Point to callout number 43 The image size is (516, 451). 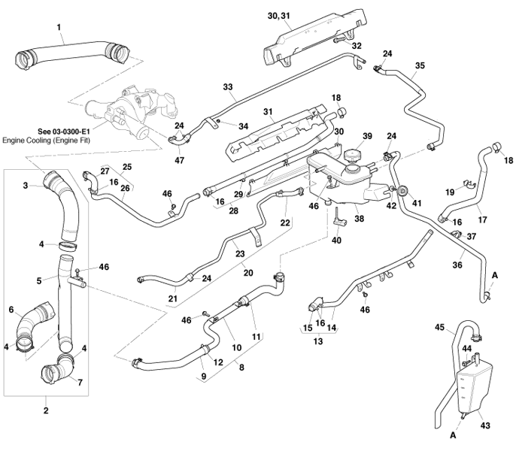[x=485, y=425]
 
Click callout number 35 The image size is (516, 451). [x=420, y=65]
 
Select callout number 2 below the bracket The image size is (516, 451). [x=46, y=410]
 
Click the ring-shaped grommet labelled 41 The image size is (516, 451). [x=402, y=190]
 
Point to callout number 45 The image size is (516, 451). [x=440, y=327]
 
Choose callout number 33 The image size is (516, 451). [x=228, y=87]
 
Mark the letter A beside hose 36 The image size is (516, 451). [x=494, y=276]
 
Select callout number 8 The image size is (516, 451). [x=240, y=368]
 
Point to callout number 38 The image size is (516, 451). [x=359, y=219]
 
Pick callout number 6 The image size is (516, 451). [x=11, y=308]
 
